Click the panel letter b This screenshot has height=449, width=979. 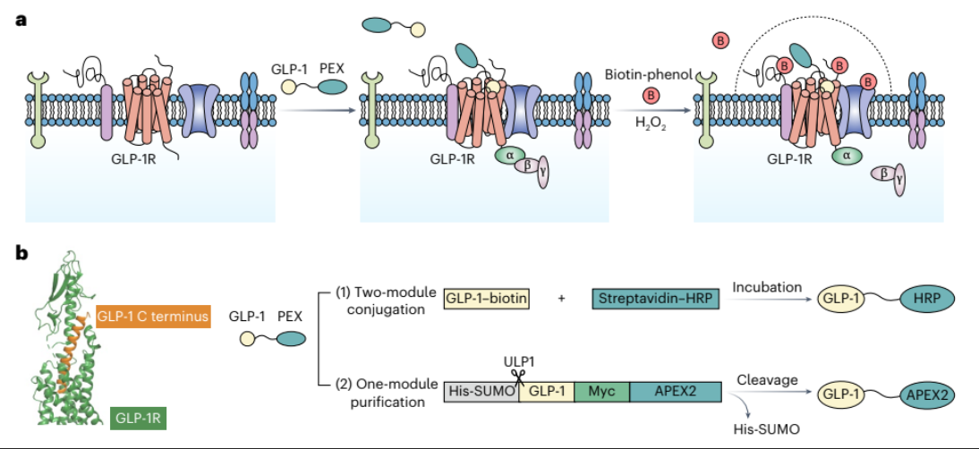(24, 253)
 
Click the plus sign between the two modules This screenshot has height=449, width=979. (561, 299)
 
